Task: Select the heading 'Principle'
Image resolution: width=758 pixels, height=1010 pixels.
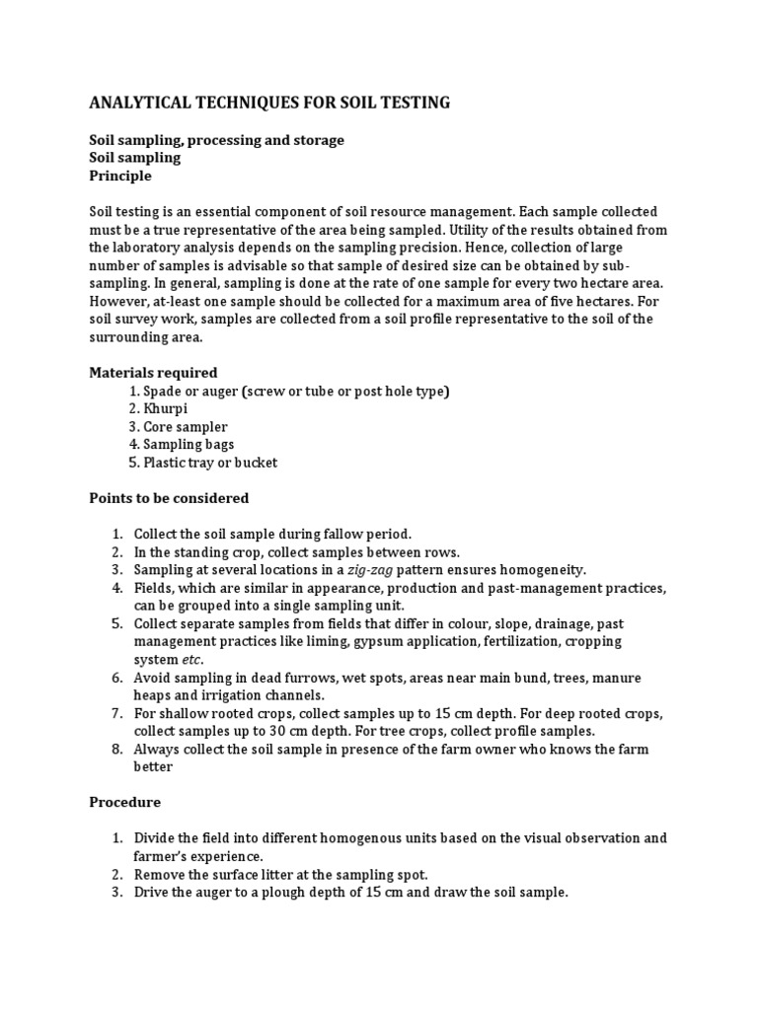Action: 120,176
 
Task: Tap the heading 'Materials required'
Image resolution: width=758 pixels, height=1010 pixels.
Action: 153,373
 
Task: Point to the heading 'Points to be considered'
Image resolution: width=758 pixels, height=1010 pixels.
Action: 169,498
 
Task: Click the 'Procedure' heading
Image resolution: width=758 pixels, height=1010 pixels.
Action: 124,802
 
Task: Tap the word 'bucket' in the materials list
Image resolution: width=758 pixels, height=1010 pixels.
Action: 256,463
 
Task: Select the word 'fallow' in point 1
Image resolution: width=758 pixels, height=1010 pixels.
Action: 327,534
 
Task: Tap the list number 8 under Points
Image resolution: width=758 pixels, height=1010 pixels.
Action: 115,750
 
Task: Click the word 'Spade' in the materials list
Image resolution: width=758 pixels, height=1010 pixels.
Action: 163,392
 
